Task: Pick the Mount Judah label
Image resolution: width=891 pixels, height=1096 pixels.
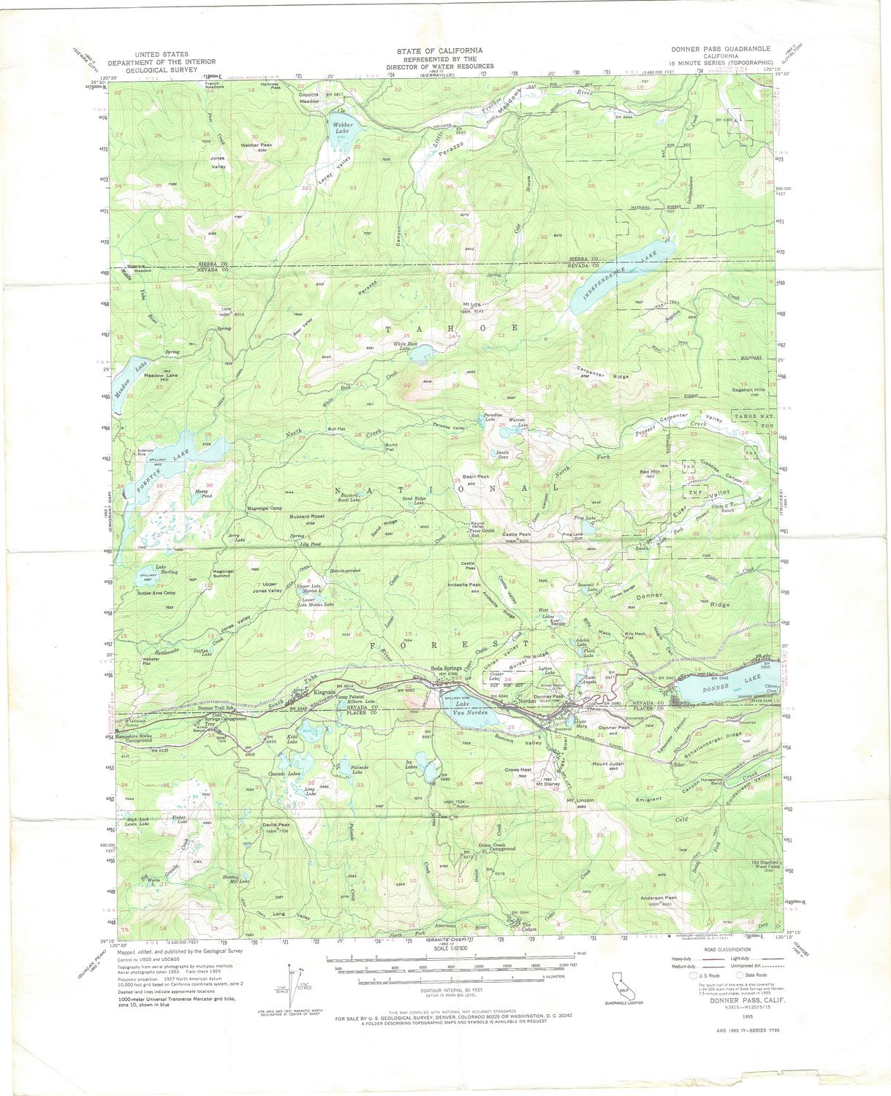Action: point(606,764)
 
